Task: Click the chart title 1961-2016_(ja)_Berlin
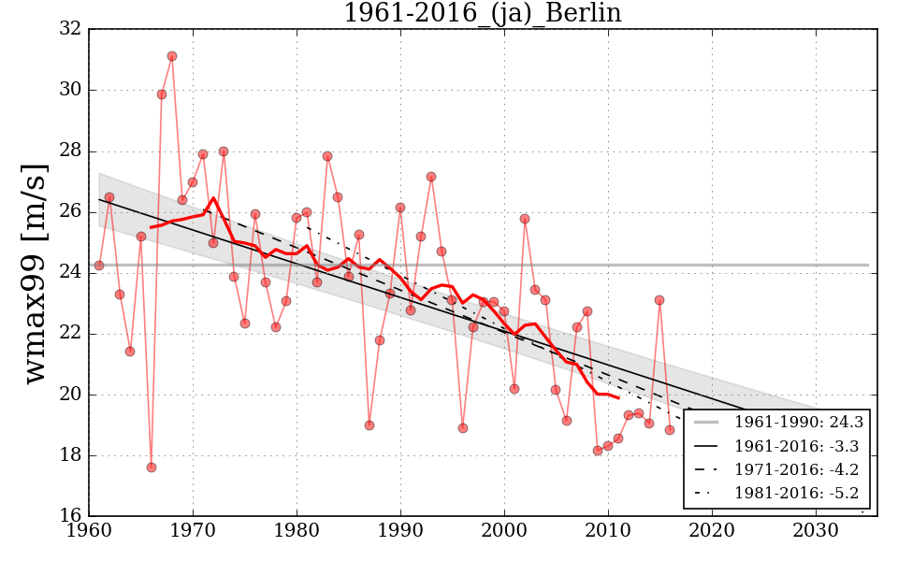(482, 13)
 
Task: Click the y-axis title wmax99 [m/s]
(35, 272)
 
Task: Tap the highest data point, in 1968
(172, 56)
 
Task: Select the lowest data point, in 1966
(152, 467)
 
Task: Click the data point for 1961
(99, 266)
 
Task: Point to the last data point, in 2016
(670, 430)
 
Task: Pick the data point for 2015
(659, 300)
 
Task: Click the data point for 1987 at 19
(369, 425)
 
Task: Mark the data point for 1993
(431, 177)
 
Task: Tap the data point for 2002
(525, 219)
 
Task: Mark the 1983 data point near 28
(327, 156)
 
